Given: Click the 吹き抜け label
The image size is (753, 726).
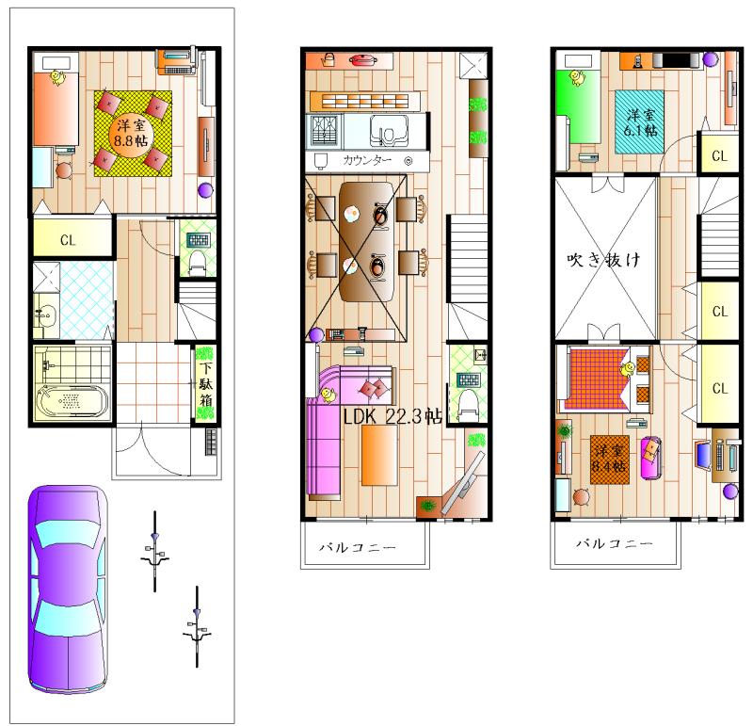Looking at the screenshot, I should [603, 259].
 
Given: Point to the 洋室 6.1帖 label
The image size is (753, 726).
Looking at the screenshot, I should [642, 122].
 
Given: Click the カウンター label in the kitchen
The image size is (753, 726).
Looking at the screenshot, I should [367, 161].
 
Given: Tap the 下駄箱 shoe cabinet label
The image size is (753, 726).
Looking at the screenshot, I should [205, 385].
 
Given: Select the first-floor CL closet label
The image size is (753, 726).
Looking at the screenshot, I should [68, 240].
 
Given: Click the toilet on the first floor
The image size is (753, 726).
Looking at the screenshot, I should [198, 260].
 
